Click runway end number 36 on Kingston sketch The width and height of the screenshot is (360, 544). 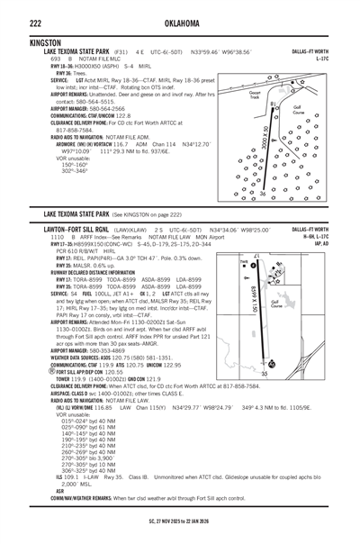tap(262, 193)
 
